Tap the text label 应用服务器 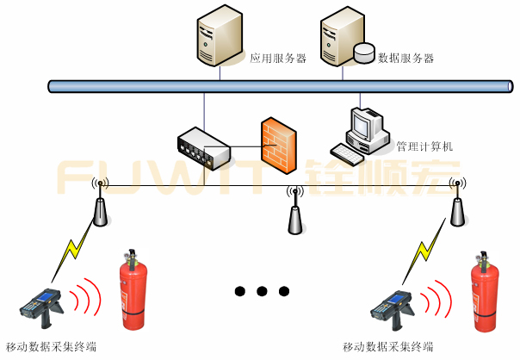(278, 59)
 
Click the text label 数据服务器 (405, 59)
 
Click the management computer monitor (368, 126)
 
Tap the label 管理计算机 (424, 146)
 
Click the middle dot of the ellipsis (261, 290)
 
